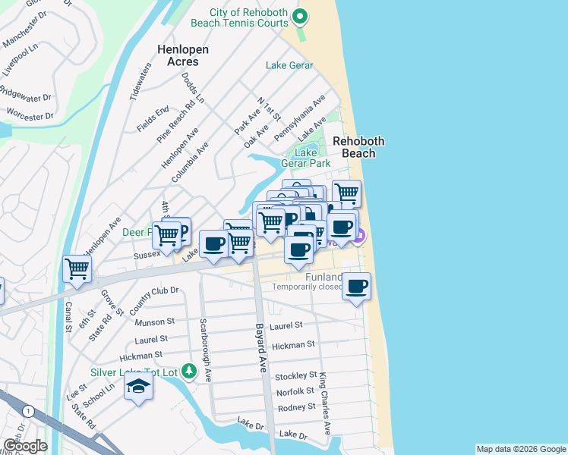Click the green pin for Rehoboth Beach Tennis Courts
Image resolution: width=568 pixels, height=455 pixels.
301,15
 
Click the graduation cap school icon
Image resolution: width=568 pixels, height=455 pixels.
138,388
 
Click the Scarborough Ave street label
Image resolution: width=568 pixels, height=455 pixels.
205,349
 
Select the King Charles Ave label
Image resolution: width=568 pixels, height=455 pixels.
325,403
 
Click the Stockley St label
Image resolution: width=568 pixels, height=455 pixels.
295,375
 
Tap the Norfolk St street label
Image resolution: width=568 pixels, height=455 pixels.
295,391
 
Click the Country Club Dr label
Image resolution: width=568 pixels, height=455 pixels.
153,297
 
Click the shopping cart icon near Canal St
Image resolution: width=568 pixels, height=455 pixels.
77,268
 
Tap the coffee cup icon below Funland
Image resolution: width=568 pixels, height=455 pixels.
356,286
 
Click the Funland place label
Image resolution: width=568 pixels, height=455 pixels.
323,278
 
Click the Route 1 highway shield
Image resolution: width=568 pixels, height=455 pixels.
29,411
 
